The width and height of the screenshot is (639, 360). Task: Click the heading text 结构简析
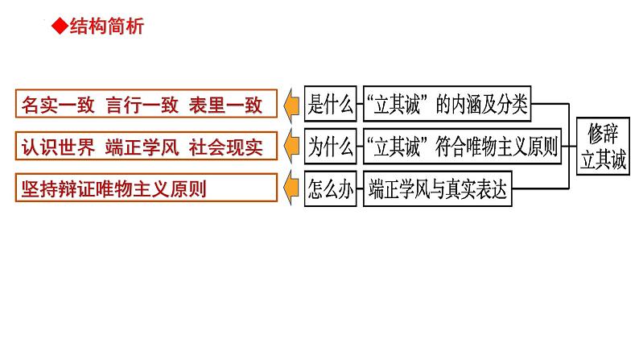tap(103, 27)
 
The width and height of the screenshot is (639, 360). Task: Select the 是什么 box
tap(331, 103)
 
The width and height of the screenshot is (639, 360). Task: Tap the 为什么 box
tap(331, 147)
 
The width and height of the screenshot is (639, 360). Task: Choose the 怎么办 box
tap(331, 190)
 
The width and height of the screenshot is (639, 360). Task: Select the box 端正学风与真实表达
tap(436, 190)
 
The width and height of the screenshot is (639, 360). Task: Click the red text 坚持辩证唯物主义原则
tap(113, 191)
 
